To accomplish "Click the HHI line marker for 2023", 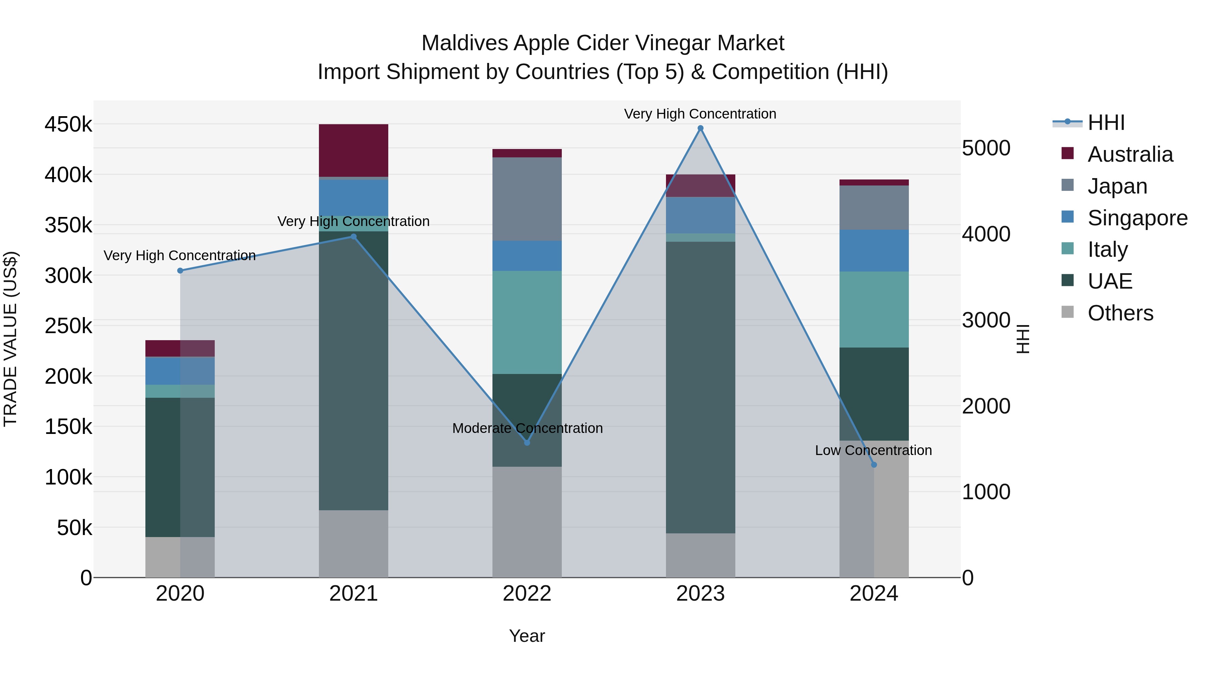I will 700,128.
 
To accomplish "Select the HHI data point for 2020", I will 180,271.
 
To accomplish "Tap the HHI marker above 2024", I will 874,465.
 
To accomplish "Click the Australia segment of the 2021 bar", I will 353,150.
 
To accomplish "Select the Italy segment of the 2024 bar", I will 874,309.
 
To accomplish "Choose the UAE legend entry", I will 1110,281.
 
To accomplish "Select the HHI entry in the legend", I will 1105,123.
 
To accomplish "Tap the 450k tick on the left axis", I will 68,125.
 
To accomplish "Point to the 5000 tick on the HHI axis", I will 986,148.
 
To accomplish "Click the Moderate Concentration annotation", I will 527,428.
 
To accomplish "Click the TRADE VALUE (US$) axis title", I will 10,339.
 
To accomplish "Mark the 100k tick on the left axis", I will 68,477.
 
